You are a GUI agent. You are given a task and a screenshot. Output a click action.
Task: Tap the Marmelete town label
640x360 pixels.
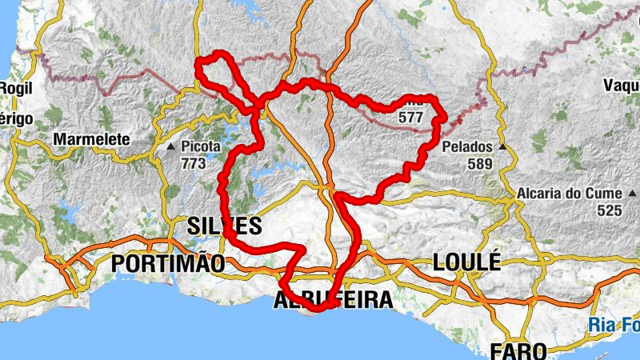click(x=91, y=139)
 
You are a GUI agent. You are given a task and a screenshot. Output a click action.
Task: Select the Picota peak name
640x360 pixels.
click(x=200, y=148)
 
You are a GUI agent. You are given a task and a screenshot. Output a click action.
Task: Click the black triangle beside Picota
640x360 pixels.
click(x=170, y=148)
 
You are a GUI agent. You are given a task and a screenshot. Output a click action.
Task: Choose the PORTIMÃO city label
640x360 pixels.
click(x=168, y=262)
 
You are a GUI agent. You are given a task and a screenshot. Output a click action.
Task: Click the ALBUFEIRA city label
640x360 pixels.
click(x=334, y=300)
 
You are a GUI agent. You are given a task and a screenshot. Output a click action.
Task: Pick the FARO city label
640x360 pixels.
click(x=518, y=350)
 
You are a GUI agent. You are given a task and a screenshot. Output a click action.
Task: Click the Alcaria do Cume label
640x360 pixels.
click(x=569, y=194)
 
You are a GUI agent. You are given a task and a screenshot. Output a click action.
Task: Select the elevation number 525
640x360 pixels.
click(x=609, y=210)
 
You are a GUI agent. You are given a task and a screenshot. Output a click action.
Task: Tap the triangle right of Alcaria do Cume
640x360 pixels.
click(x=634, y=194)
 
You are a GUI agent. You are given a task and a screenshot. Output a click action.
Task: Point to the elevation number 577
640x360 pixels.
click(x=410, y=117)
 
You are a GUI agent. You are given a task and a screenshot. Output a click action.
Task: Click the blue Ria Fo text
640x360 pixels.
click(x=614, y=325)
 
